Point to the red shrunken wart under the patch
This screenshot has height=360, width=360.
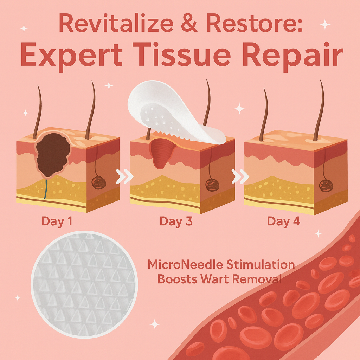tap(162, 151)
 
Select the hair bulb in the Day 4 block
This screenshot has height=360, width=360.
tap(326, 185)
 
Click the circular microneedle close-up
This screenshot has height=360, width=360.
tap(84, 284)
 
